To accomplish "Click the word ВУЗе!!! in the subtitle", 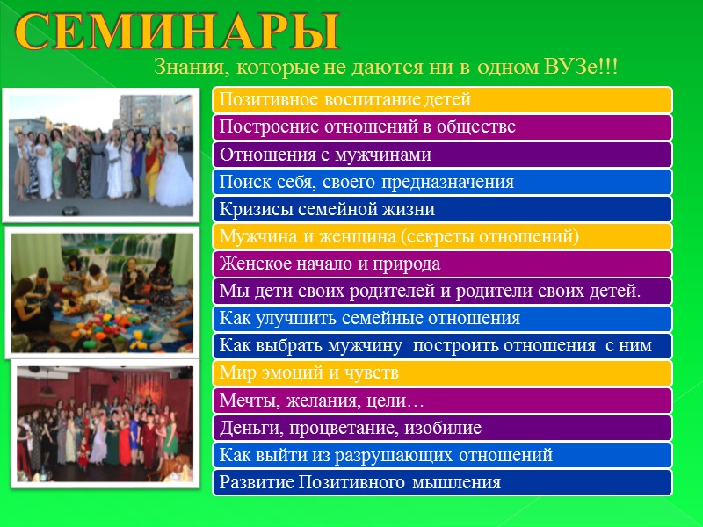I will pyautogui.click(x=586, y=67).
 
